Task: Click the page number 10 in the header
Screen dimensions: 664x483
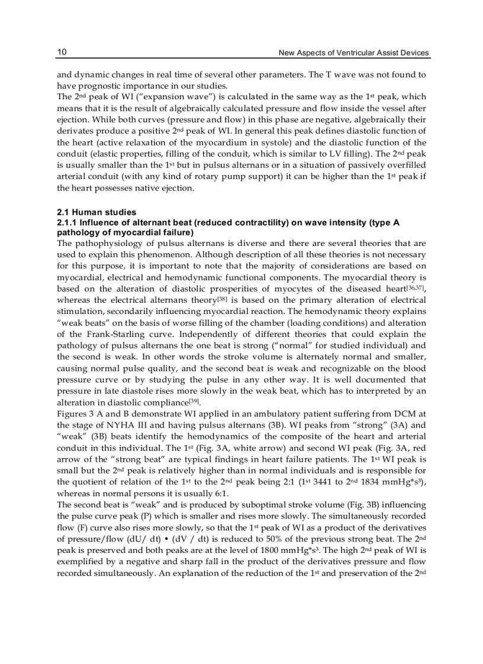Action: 62,53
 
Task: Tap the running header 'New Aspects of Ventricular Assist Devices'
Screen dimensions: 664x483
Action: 353,53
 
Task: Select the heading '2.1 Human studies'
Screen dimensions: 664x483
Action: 96,212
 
